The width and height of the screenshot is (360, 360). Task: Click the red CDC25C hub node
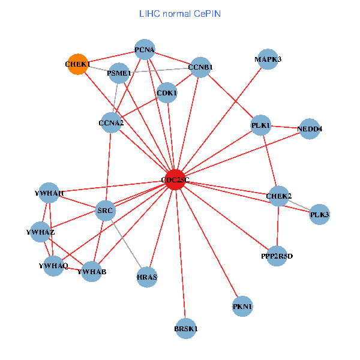click(175, 180)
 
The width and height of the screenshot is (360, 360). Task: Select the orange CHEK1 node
click(77, 64)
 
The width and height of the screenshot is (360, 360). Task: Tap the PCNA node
click(145, 49)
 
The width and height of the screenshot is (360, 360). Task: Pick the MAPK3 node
click(268, 59)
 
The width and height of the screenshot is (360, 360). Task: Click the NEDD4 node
click(310, 129)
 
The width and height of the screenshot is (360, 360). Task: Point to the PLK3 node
click(319, 214)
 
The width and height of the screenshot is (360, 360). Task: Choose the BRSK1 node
click(186, 329)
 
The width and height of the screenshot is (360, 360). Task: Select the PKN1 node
click(242, 306)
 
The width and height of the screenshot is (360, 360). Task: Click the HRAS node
click(147, 277)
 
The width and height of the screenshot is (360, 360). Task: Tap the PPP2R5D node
click(277, 256)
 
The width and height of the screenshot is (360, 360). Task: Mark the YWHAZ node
click(40, 232)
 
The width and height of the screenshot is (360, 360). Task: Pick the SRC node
click(106, 211)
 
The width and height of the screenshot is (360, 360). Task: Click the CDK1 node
click(167, 93)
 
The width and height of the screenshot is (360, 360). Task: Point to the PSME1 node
click(119, 73)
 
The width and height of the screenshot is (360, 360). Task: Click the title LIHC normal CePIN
click(180, 14)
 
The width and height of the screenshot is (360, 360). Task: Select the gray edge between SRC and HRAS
click(126, 244)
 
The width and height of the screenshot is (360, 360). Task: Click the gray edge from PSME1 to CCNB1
click(160, 70)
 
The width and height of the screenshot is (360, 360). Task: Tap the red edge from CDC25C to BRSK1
click(181, 254)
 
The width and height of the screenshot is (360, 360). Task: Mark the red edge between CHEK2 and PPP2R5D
click(278, 226)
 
